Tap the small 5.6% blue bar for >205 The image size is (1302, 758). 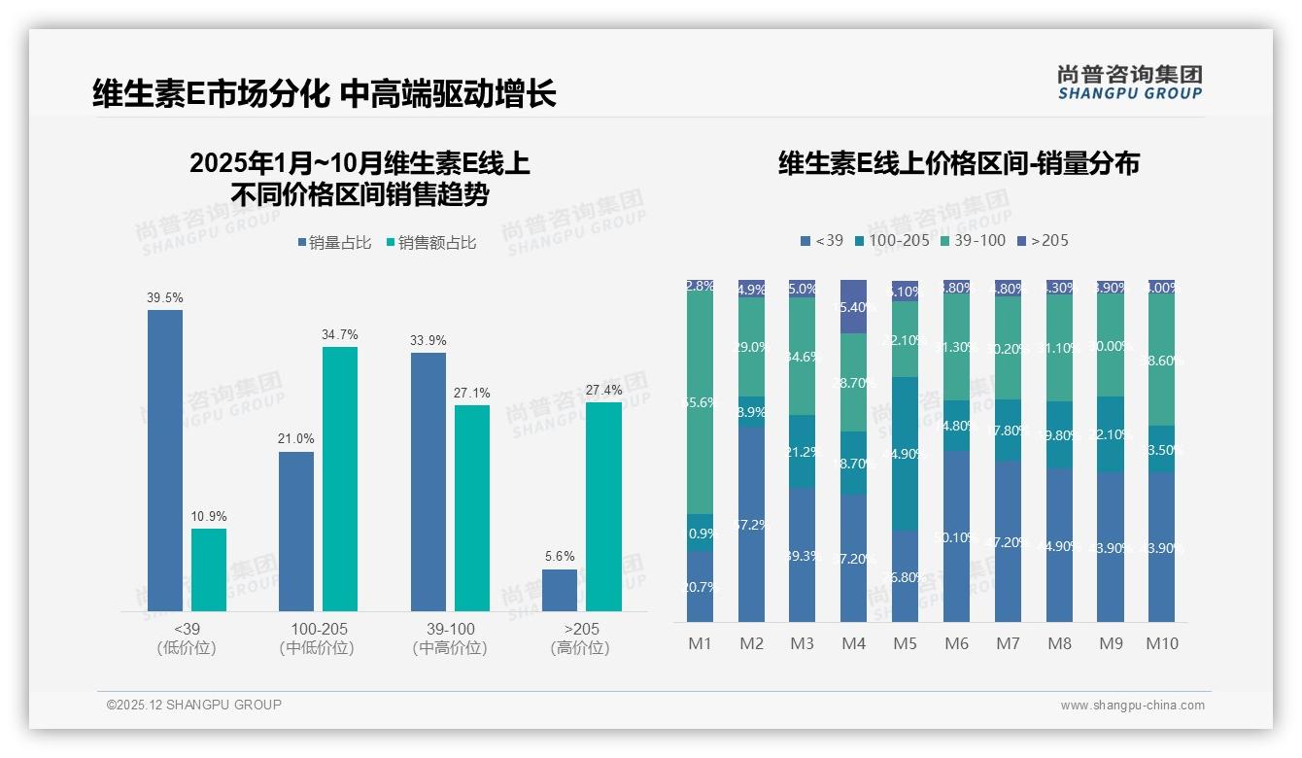tap(560, 590)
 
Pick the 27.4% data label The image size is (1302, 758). tap(603, 390)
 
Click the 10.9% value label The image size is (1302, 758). tap(209, 516)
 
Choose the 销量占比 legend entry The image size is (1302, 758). tap(334, 243)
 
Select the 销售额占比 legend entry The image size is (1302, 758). tap(430, 243)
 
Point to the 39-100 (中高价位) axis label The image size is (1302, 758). tap(450, 638)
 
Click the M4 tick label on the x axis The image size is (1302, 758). tap(853, 643)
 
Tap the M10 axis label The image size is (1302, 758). tap(1161, 643)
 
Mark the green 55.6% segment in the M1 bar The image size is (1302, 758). tap(700, 402)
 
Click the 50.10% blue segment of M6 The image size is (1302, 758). tap(956, 535)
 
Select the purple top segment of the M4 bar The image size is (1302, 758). tap(853, 306)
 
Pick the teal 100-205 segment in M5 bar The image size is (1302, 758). tap(905, 453)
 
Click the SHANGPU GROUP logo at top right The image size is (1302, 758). tap(1130, 82)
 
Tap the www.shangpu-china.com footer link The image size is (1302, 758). tap(1132, 706)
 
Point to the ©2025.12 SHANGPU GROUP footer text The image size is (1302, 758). tap(194, 705)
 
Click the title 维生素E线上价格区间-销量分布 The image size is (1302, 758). tap(958, 163)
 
